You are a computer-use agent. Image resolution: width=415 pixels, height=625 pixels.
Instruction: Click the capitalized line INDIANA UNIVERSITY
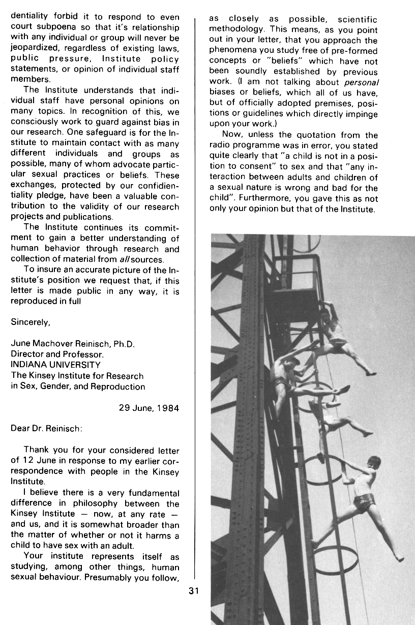(x=55, y=365)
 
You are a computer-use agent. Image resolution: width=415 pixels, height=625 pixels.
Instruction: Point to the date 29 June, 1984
(x=149, y=408)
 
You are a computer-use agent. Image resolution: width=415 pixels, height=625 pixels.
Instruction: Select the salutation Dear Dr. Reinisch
(x=46, y=428)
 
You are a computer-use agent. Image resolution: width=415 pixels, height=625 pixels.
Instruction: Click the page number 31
(x=193, y=590)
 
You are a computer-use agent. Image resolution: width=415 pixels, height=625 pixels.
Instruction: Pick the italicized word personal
(x=361, y=82)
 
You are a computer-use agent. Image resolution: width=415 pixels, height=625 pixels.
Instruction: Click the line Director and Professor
(x=57, y=354)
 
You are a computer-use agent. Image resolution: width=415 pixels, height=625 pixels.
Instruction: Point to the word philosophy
(x=103, y=504)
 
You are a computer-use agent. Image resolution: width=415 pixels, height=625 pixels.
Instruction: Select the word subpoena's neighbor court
(x=22, y=27)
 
